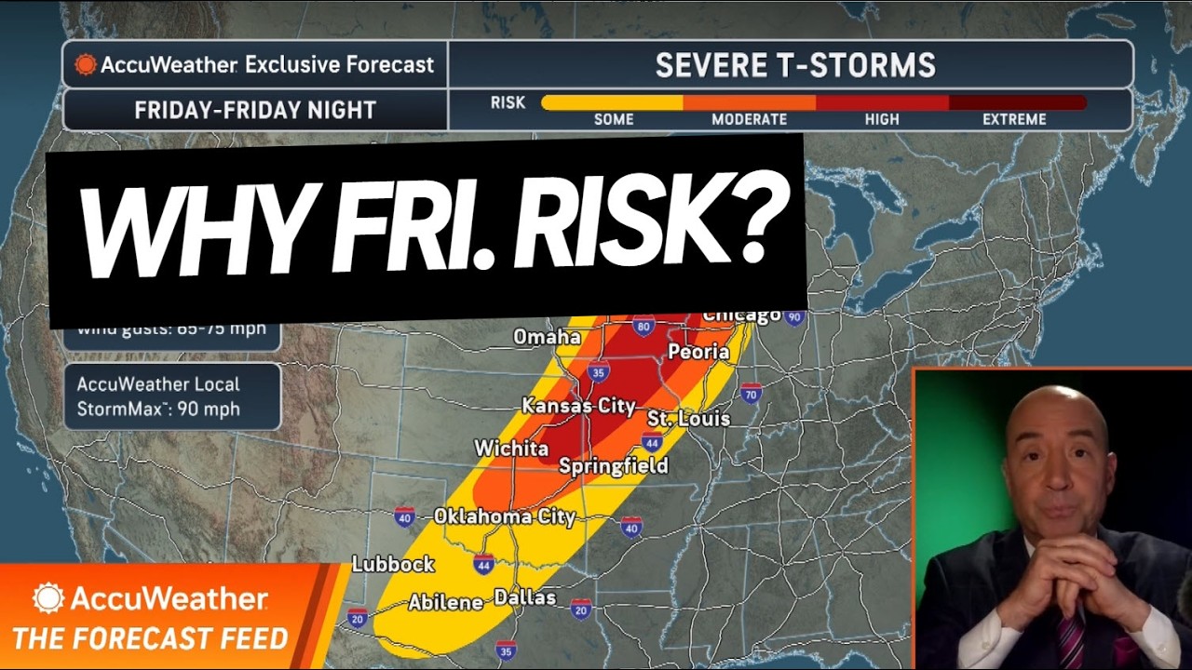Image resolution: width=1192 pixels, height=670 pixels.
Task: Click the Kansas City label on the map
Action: [578, 406]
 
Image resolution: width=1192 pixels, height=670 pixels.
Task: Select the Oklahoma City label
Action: [505, 516]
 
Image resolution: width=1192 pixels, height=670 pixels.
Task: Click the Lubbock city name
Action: [393, 564]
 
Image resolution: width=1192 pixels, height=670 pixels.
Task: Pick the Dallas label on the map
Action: [525, 597]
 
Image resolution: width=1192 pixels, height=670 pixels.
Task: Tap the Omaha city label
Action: [548, 337]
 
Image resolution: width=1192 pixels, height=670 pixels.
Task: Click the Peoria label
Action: [698, 352]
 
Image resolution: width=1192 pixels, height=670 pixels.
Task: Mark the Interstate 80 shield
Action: [643, 327]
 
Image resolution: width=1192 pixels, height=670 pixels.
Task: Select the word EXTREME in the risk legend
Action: [1014, 119]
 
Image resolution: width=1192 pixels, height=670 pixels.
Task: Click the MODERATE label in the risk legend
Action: [749, 119]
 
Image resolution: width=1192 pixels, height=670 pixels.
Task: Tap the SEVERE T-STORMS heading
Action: [794, 65]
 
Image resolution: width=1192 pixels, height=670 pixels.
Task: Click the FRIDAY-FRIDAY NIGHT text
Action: [254, 110]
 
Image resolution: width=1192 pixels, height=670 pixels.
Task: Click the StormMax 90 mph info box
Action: [172, 396]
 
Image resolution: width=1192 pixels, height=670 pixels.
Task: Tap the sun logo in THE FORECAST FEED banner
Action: [48, 597]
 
